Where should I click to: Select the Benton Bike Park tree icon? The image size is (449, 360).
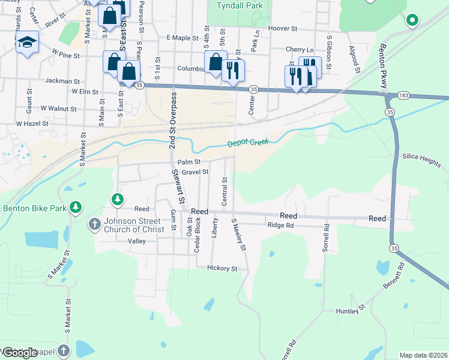pos(75,208)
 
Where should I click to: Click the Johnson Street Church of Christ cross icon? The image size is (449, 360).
pos(94,225)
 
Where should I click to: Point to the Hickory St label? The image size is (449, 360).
pos(222,268)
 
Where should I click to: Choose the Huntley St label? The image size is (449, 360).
pos(351,310)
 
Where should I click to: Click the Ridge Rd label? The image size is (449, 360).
pos(280,226)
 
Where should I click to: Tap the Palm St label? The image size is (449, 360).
pos(189,162)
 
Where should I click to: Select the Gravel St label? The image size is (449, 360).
pos(196,172)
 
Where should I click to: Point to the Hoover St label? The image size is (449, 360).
pos(283,28)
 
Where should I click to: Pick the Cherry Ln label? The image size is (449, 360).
pos(300,50)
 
